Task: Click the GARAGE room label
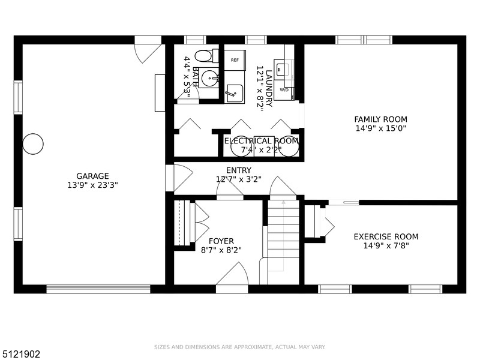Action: (92, 176)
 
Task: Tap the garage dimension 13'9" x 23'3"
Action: (92, 185)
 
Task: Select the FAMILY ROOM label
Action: (381, 119)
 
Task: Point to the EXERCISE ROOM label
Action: (386, 236)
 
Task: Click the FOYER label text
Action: (221, 241)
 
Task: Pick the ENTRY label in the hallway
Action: (239, 170)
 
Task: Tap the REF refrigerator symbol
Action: (235, 60)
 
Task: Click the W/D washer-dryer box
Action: (284, 90)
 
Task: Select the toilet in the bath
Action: (206, 56)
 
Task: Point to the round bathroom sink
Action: (209, 78)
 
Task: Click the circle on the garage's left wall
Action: (33, 144)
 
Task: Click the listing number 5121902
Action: (20, 354)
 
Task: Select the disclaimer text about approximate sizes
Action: (239, 347)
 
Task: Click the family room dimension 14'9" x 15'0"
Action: (381, 128)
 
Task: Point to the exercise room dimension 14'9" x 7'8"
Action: (386, 245)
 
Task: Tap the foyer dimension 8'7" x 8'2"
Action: (221, 250)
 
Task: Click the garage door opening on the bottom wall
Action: (98, 289)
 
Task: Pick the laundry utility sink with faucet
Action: (235, 94)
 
